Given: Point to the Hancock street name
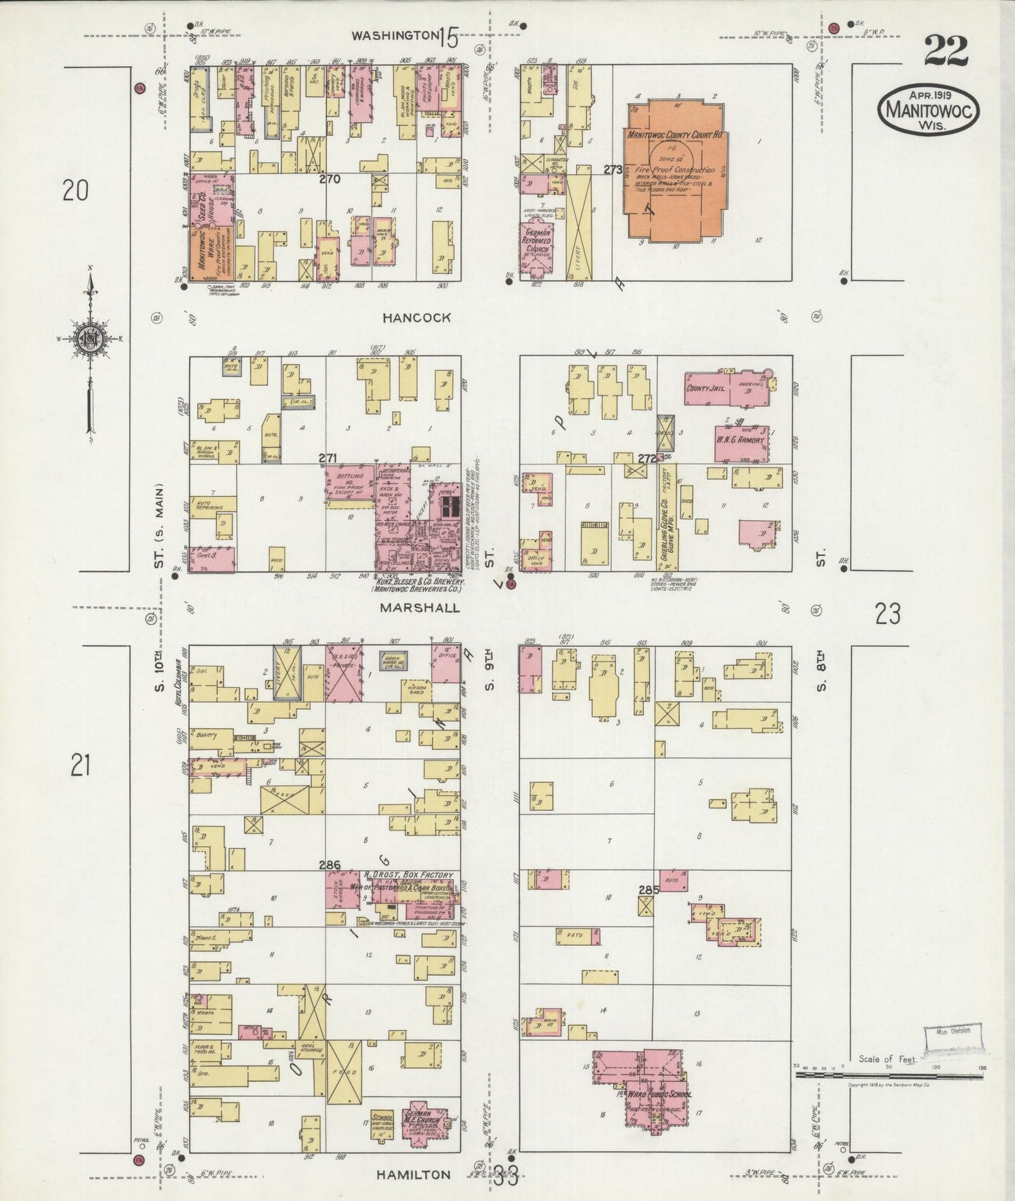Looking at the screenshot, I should (417, 318).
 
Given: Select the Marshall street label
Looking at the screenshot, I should (420, 607).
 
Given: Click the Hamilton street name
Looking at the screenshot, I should (413, 1175).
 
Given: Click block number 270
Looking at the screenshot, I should (329, 179).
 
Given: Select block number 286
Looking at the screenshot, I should (329, 865).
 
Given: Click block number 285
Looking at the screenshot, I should (649, 890).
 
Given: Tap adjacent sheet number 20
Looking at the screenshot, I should (75, 190).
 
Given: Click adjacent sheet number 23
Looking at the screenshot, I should (888, 615).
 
